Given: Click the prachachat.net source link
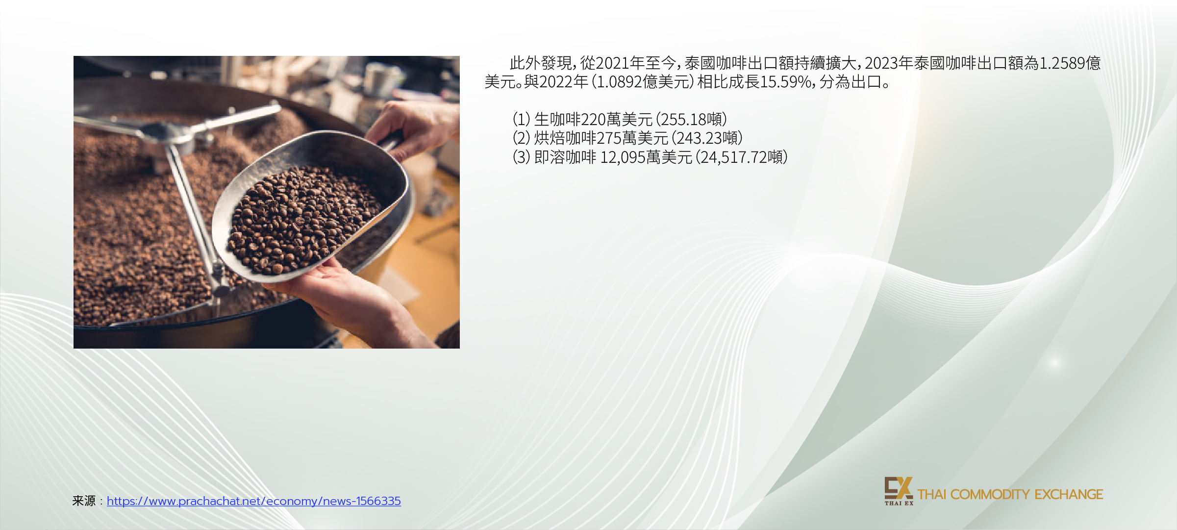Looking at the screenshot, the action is coord(254,501).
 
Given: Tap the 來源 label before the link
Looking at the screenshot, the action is coord(84,501).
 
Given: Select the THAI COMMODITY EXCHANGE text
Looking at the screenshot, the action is coord(1010,494).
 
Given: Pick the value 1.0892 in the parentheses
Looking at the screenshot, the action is coord(619,82).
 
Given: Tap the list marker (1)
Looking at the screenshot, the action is coord(522,119).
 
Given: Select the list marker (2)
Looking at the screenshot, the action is coord(522,138).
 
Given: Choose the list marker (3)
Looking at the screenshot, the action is coord(522,157).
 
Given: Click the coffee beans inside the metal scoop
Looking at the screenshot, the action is coord(304,218).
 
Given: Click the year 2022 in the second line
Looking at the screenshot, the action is coord(556,82).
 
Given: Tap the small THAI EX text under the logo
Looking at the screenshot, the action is coord(899,503).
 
